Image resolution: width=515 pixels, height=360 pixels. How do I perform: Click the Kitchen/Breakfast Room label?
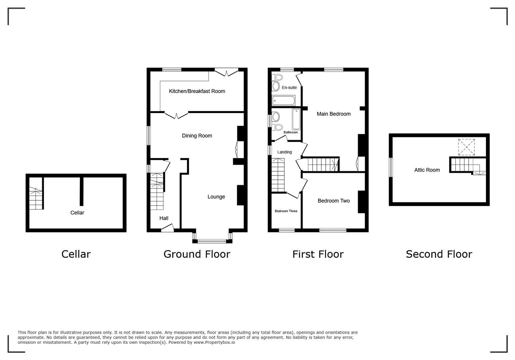click(x=197, y=91)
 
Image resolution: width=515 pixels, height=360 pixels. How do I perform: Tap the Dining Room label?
click(x=197, y=136)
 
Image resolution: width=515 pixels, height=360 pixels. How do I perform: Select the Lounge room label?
click(x=216, y=197)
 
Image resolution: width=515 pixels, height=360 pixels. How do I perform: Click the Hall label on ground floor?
click(x=164, y=218)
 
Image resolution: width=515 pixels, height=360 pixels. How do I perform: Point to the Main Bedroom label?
click(x=334, y=114)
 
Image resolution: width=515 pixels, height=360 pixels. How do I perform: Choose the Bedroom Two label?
click(x=334, y=201)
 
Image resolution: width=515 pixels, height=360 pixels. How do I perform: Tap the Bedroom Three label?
click(x=286, y=211)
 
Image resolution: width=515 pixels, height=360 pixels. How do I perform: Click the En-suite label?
click(x=289, y=88)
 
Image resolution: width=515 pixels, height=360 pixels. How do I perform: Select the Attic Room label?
click(x=427, y=170)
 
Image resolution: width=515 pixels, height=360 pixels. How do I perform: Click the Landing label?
click(x=285, y=152)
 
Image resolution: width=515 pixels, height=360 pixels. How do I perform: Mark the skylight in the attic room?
click(x=466, y=147)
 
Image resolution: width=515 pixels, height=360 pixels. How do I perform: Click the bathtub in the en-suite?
click(x=284, y=100)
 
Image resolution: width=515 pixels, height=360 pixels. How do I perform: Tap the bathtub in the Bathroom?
click(x=296, y=119)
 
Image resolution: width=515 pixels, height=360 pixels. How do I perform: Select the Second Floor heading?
click(x=439, y=254)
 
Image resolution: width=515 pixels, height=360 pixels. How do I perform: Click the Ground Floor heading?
click(x=197, y=254)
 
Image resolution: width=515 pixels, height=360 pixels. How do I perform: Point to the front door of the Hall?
click(x=167, y=229)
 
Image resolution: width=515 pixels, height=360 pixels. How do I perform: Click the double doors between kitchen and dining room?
click(x=176, y=114)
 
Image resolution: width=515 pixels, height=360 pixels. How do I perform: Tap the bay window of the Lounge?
click(x=212, y=241)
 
